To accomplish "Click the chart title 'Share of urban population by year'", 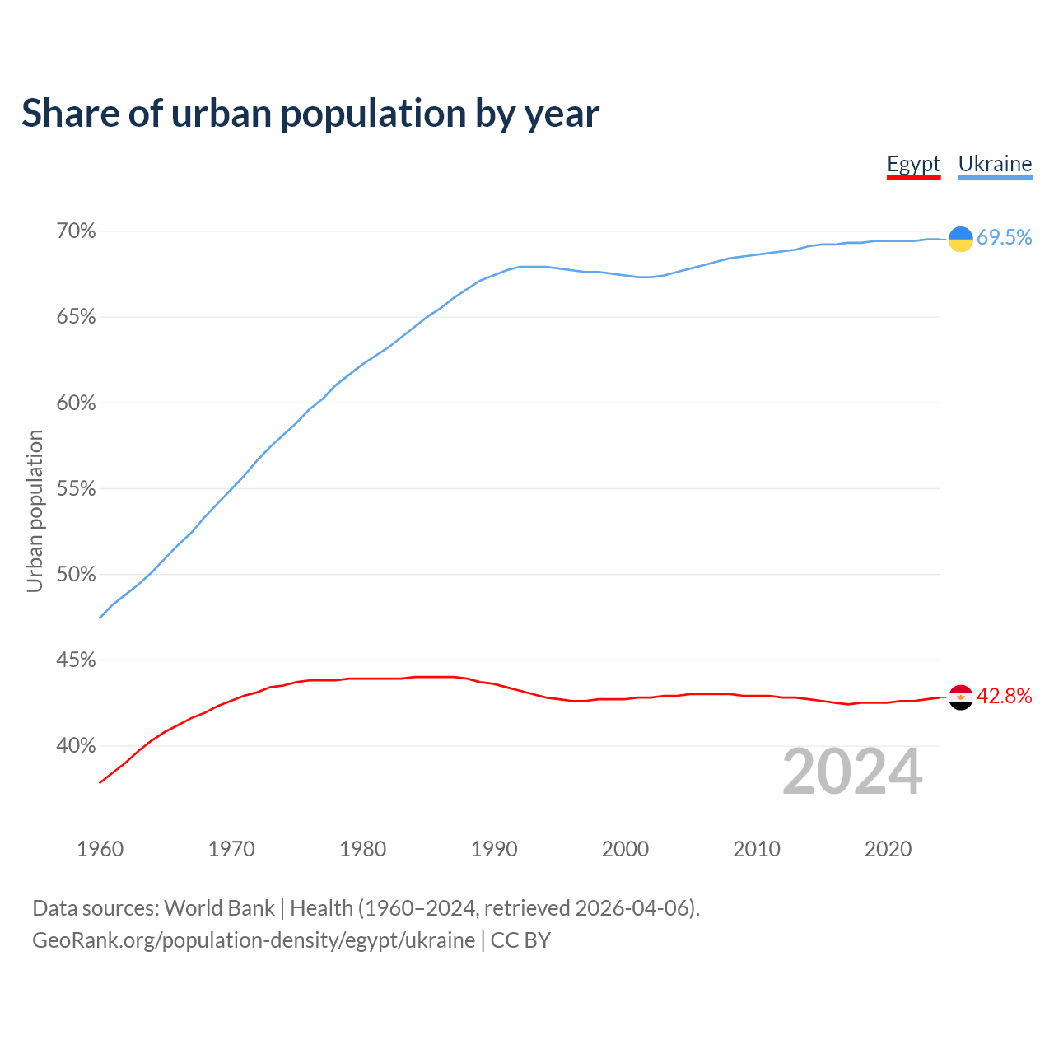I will click(310, 114).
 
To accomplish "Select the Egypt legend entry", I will click(913, 164).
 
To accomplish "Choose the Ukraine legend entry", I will click(995, 164).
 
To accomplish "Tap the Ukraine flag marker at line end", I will click(960, 239).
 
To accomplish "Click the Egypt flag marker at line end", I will click(960, 697).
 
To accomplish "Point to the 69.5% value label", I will click(1004, 238).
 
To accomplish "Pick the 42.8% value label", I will click(1004, 697).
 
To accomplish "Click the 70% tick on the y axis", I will click(77, 231).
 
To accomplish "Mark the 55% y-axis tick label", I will click(77, 489).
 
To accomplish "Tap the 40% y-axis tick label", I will click(77, 746).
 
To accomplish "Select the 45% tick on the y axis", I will click(77, 660).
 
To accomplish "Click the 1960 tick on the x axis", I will click(100, 849).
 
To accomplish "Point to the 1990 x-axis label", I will click(494, 849).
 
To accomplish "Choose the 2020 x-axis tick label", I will click(888, 849).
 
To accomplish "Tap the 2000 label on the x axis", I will click(625, 849).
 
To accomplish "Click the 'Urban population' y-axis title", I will click(35, 511).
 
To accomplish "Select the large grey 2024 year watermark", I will click(852, 772).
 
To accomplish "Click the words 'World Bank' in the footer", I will click(219, 908).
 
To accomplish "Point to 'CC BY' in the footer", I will click(520, 940).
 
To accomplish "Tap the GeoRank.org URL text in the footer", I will click(254, 940).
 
